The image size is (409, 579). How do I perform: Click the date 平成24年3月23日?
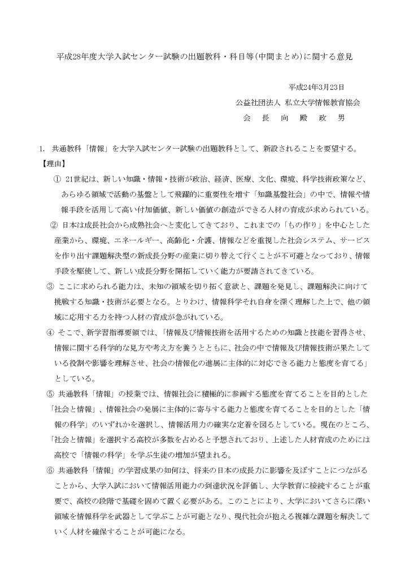[317, 88]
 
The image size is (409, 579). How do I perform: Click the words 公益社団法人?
[256, 103]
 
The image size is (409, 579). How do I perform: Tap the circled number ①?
[56, 179]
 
